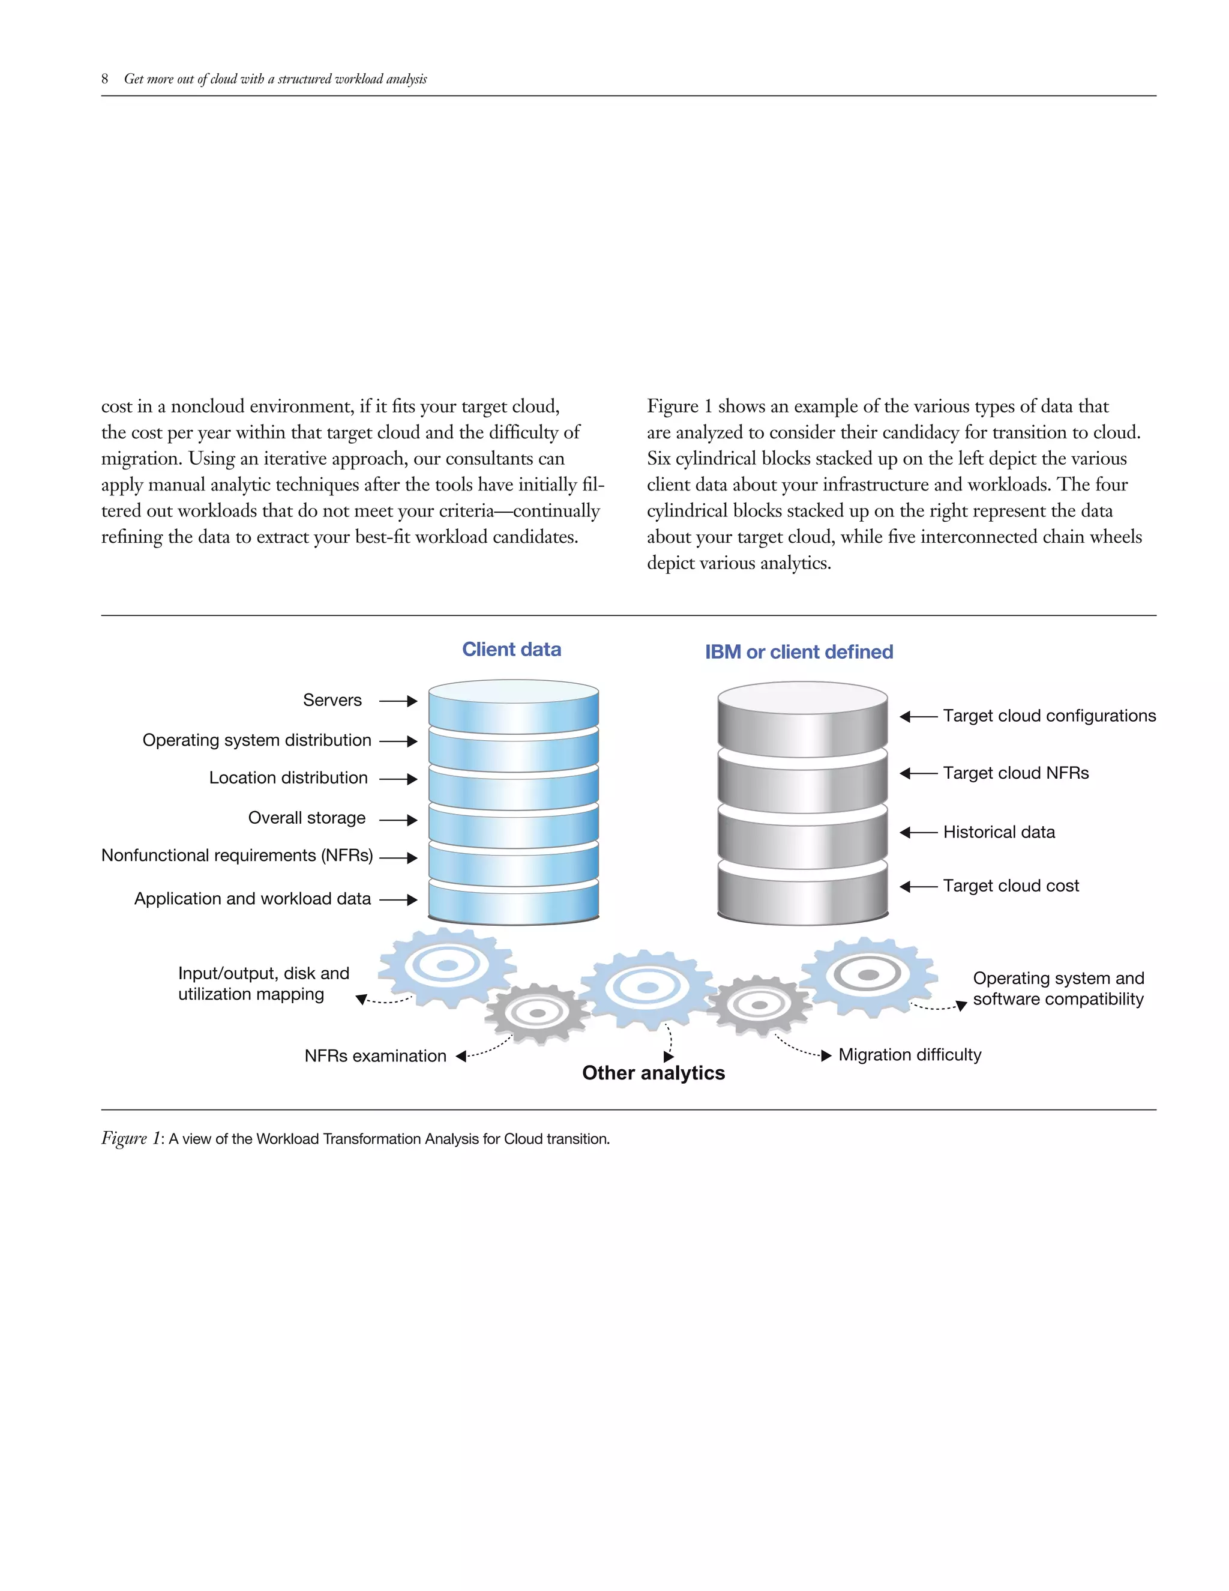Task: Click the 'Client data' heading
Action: [511, 649]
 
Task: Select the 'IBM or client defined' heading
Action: [798, 652]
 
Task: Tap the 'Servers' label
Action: [332, 700]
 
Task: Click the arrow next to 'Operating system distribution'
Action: [398, 741]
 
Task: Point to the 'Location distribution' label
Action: [288, 778]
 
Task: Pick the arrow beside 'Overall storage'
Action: [398, 820]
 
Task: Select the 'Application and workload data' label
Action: [253, 899]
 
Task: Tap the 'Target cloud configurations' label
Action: [1048, 716]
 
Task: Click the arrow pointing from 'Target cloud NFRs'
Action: [918, 774]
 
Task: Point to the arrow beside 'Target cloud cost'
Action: [918, 887]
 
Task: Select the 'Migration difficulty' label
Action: [909, 1055]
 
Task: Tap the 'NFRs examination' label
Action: [375, 1056]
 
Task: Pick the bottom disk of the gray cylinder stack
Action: [802, 892]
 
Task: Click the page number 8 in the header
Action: [105, 79]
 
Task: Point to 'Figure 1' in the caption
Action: [130, 1138]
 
